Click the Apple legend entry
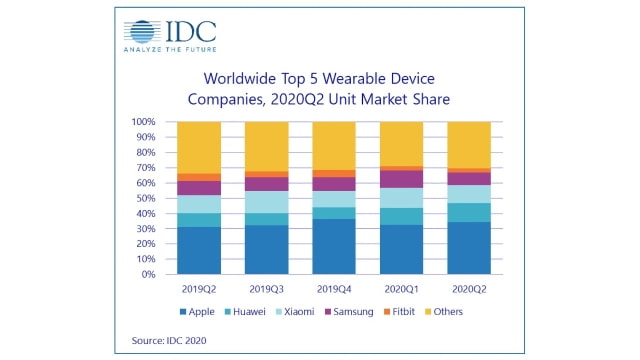click(x=199, y=311)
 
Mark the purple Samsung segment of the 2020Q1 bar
click(x=400, y=179)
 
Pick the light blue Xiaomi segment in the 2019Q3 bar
click(x=266, y=202)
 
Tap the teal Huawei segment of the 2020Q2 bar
click(x=468, y=212)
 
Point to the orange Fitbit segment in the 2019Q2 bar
click(x=199, y=177)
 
